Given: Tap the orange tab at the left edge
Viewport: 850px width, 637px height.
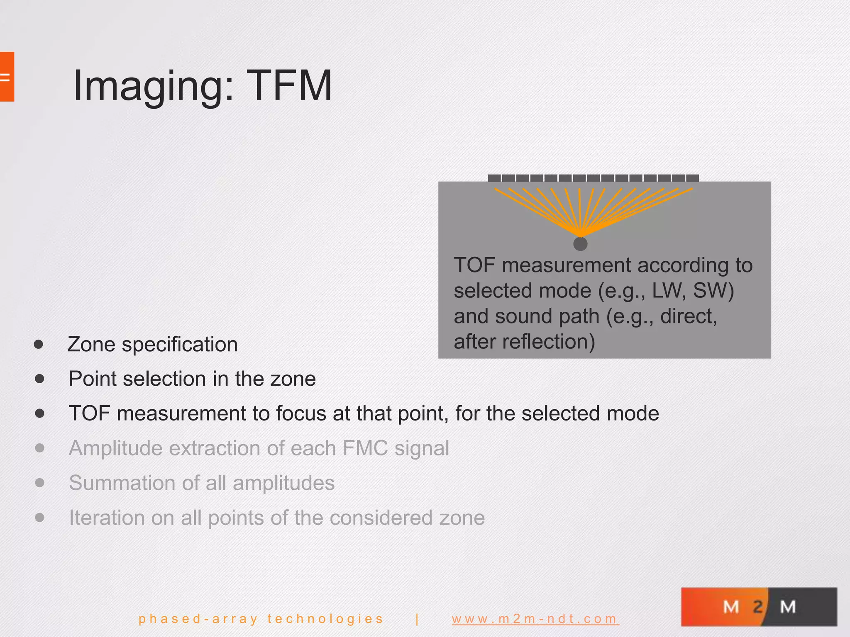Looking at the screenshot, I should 7,77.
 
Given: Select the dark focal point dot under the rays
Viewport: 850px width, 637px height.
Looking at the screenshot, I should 580,244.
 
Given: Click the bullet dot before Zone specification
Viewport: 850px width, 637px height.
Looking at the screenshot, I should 39,344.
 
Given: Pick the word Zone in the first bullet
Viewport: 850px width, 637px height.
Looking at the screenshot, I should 91,344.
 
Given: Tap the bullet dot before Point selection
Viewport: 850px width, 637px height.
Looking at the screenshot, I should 40,379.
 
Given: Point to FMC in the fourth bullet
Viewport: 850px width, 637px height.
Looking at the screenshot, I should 365,448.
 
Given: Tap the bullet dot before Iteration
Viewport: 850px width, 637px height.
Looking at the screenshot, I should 40,518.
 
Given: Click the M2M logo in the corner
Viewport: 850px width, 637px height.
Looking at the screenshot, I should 759,607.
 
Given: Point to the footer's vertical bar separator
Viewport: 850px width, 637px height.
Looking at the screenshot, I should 417,619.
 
